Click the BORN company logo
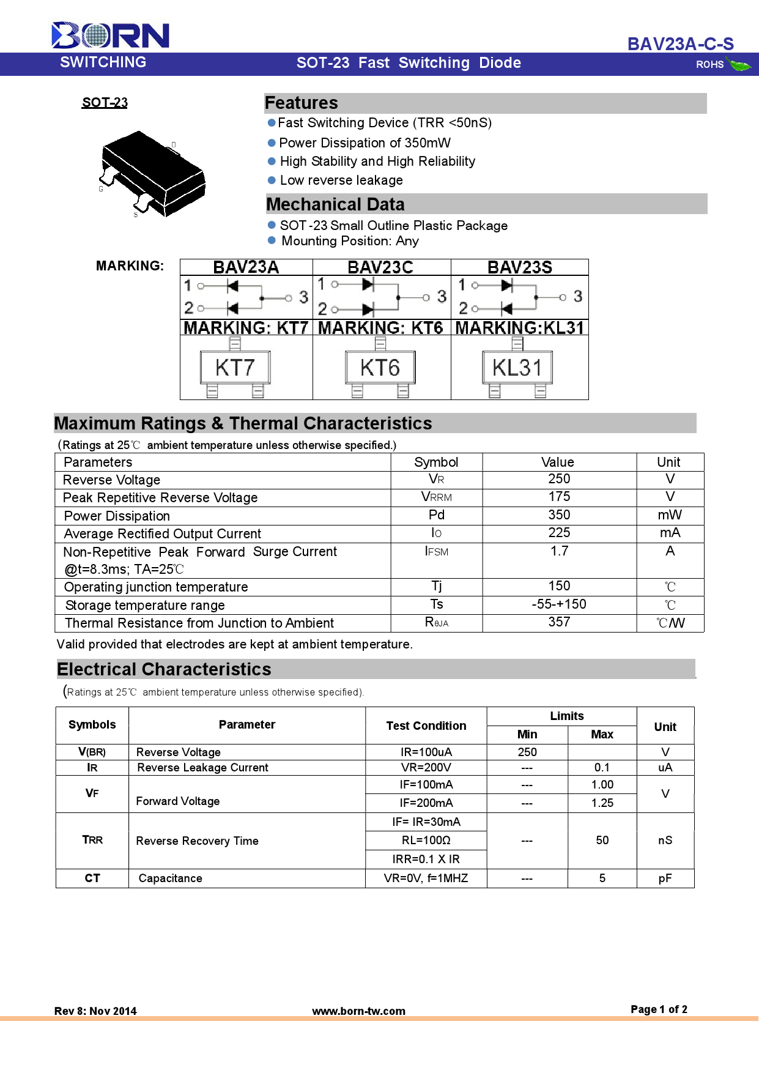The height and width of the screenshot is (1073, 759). tap(110, 35)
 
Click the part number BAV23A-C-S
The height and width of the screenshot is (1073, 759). tap(680, 44)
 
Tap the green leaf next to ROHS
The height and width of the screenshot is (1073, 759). tap(739, 64)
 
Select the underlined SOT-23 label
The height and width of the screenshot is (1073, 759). tap(105, 103)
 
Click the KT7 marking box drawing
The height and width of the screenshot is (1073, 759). tap(235, 368)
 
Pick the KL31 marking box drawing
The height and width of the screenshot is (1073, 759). tap(517, 368)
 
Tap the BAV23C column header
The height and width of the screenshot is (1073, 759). tap(380, 267)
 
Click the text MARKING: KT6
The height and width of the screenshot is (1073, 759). tap(380, 328)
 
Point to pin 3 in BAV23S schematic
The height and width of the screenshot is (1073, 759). tap(577, 297)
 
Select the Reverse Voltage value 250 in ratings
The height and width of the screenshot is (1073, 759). tap(559, 479)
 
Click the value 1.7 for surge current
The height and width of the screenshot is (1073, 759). tap(559, 551)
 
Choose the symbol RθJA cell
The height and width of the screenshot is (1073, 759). tap(437, 623)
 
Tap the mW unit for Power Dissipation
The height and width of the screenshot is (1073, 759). tap(670, 515)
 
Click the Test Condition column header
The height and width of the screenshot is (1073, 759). tap(426, 726)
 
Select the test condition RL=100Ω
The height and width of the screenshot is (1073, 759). tap(426, 841)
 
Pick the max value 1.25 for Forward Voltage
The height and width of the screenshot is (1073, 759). tap(602, 803)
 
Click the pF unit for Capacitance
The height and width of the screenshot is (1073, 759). tap(665, 878)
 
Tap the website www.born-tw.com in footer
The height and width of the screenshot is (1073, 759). tap(358, 1011)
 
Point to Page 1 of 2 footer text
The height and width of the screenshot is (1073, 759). tap(659, 1009)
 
